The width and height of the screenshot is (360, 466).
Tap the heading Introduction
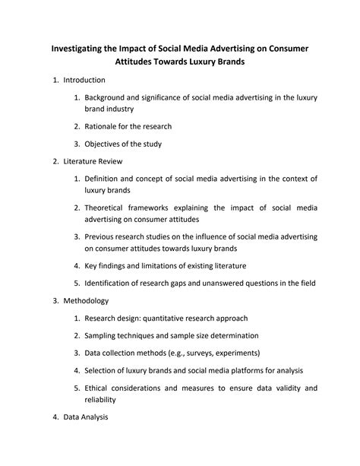(84, 80)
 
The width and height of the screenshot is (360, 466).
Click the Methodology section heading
(87, 301)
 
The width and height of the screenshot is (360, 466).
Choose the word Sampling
(103, 335)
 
